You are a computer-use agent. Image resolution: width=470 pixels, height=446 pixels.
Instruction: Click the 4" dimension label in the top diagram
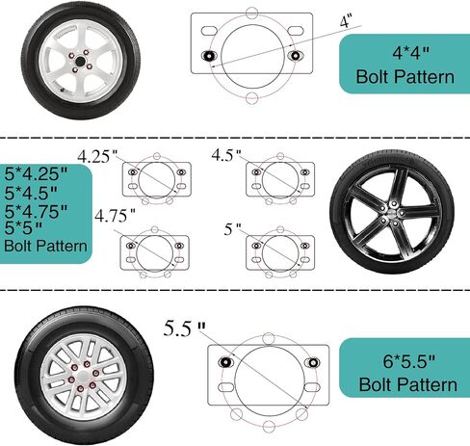tap(346, 22)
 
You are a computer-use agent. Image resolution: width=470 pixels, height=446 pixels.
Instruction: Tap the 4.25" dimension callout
tap(98, 157)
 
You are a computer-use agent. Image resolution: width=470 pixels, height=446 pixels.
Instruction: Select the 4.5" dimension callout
tap(226, 155)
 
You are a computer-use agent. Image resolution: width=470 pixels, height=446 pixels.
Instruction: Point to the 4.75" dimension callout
tap(115, 216)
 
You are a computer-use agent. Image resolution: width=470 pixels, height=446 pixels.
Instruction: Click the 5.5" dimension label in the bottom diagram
tap(184, 328)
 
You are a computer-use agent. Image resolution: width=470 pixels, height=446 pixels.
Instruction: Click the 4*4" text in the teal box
tap(411, 53)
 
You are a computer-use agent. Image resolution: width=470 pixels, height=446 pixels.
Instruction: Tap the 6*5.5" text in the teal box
tap(409, 361)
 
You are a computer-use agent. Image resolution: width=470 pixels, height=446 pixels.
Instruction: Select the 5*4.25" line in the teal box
tap(37, 173)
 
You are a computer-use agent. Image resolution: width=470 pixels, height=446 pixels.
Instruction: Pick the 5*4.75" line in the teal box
tap(36, 211)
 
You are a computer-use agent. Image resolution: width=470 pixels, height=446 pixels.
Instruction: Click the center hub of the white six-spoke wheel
tap(79, 61)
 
